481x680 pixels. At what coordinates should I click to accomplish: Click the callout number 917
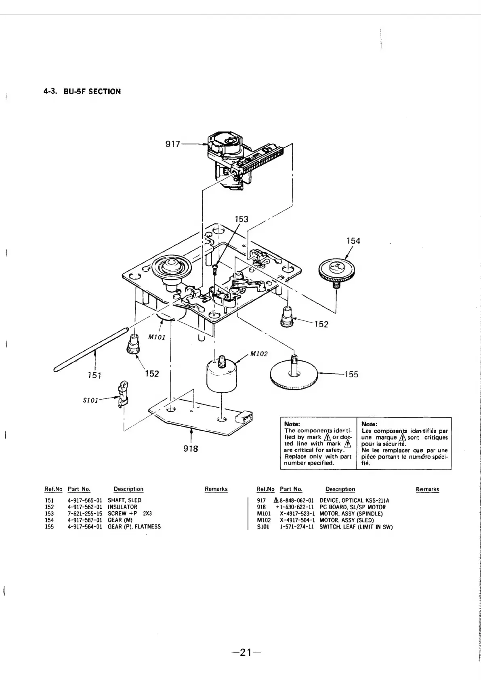point(173,144)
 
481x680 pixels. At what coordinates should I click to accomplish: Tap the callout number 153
point(242,219)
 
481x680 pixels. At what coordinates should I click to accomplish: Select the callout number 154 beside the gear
point(353,241)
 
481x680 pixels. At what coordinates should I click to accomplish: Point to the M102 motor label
point(259,354)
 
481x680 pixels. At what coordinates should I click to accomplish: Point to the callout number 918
point(190,448)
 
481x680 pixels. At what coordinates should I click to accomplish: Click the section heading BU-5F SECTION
point(92,91)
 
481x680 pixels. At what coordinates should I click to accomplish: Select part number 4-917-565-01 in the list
point(85,500)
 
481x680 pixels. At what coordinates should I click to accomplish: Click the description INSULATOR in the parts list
point(122,507)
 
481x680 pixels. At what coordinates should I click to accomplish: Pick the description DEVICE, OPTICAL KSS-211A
point(354,500)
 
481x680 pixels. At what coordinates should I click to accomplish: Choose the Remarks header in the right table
point(427,489)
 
